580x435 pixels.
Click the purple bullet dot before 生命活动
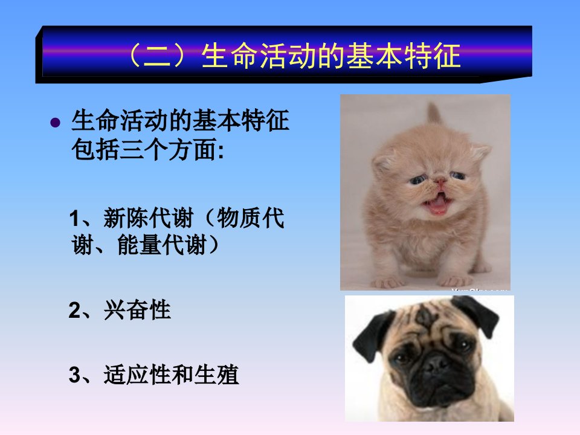55,123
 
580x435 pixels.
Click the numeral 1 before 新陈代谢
74,219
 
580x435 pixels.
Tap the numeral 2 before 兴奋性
74,311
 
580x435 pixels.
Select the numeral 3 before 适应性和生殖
74,375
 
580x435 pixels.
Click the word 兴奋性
137,310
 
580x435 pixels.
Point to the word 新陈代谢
149,218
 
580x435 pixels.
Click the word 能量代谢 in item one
162,245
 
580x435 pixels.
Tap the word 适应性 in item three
137,375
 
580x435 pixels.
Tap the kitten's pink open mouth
437,205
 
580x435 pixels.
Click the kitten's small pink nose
440,181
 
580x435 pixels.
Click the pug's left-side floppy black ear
370,335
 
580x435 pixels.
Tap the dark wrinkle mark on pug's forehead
424,317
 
